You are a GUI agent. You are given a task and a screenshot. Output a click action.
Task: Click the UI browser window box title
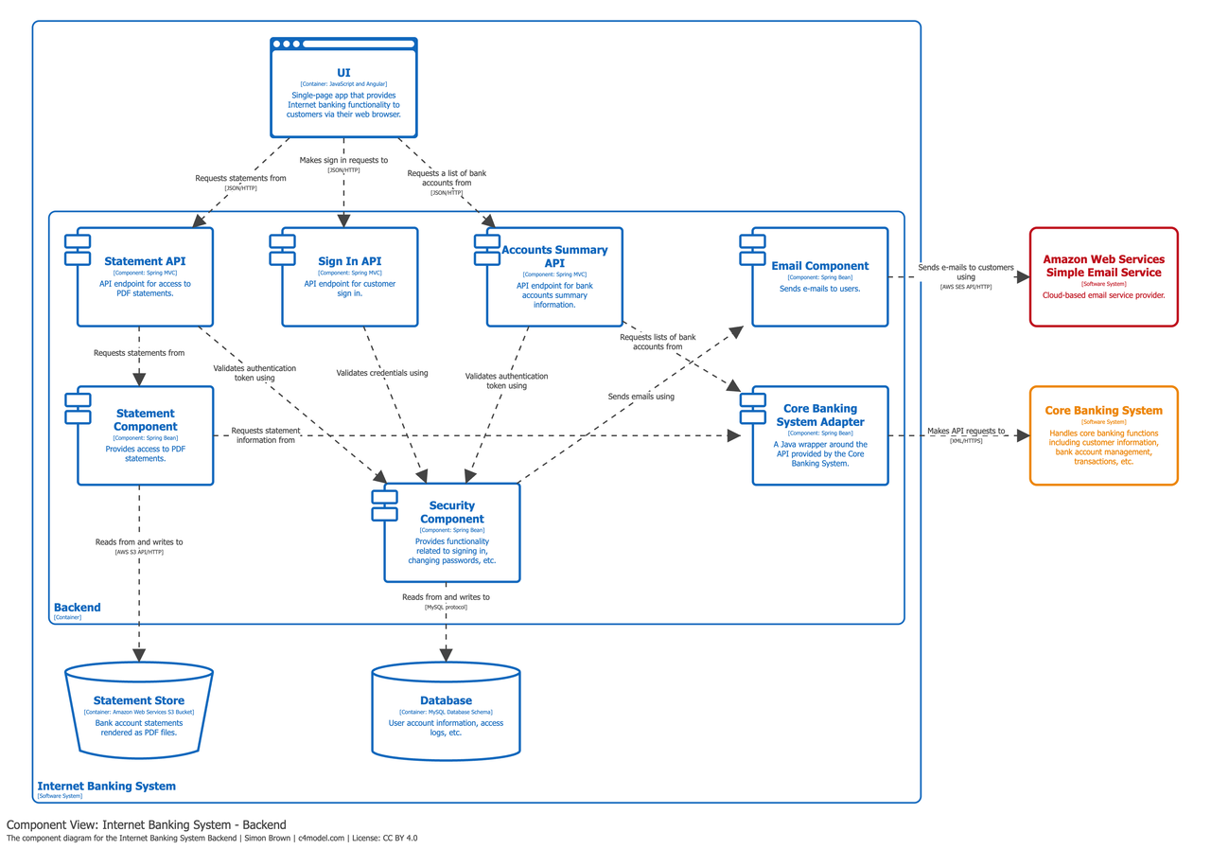(343, 73)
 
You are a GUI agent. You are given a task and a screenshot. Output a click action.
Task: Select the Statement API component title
(145, 261)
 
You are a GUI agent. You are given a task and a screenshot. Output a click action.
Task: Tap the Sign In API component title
(349, 261)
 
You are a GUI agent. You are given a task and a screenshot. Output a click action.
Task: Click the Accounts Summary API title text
(554, 256)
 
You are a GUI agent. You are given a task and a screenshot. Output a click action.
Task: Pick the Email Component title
(819, 266)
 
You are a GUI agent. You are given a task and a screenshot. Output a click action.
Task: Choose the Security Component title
(452, 512)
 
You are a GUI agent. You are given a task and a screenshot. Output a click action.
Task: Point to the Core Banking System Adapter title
(820, 416)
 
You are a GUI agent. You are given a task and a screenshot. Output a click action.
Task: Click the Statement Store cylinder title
(138, 700)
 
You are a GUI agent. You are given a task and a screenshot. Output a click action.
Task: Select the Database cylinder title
(446, 700)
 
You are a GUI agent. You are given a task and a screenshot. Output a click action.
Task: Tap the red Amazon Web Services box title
(1103, 265)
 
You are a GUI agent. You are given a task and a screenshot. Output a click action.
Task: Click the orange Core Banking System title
(1103, 411)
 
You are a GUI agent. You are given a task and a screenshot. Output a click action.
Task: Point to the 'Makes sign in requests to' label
(343, 160)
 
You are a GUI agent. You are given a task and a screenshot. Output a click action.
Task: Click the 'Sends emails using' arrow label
(641, 397)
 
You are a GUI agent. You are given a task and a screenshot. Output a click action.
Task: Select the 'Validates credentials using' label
(382, 373)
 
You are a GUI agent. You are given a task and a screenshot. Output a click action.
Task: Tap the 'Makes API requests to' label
(966, 431)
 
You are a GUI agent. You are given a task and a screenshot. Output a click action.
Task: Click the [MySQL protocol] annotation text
(446, 607)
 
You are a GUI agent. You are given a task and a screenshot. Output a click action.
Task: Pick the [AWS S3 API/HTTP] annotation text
(139, 552)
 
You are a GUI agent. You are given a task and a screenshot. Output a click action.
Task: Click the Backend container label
(77, 608)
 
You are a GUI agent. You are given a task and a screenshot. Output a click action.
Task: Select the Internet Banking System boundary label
(106, 786)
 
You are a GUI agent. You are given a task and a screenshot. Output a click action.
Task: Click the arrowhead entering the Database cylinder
(446, 654)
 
